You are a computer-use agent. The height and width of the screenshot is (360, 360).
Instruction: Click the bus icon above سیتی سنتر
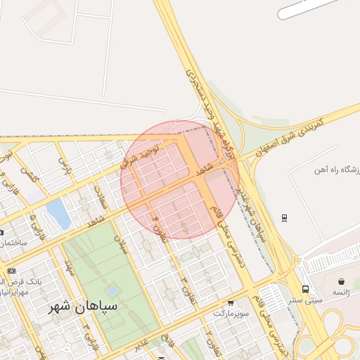coord(305,288)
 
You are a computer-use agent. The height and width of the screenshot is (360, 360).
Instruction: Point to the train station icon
coord(284,217)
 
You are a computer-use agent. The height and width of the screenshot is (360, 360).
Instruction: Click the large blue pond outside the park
coord(58,214)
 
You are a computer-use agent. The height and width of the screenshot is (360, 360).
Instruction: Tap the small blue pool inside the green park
coord(112,290)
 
